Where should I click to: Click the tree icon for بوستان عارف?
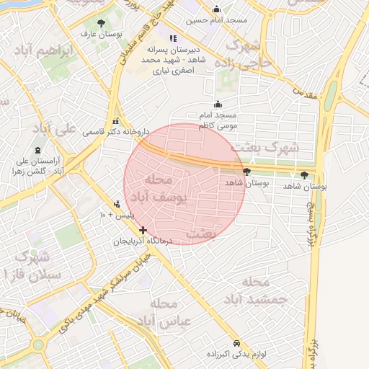tap(100, 23)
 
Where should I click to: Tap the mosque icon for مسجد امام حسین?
tap(217, 9)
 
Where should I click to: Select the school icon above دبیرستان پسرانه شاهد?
tap(172, 38)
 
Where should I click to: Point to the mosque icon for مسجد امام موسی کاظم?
tap(217, 105)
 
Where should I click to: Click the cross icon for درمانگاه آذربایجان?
tap(143, 231)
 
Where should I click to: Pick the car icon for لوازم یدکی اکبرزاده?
tap(237, 342)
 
